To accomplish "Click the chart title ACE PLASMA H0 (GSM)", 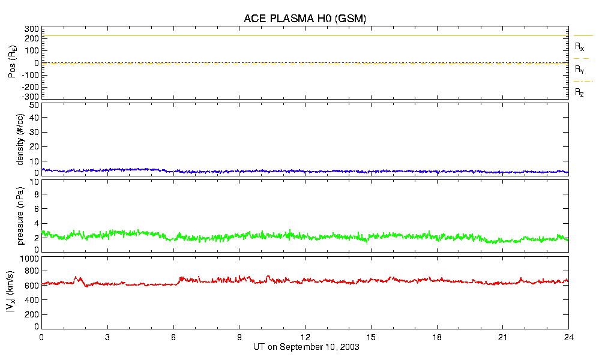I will pyautogui.click(x=305, y=19).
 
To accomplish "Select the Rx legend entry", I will pyautogui.click(x=580, y=46).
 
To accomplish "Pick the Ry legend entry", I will pyautogui.click(x=580, y=70).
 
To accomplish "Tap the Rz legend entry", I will pyautogui.click(x=580, y=92).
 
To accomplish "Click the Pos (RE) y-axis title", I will pyautogui.click(x=10, y=62).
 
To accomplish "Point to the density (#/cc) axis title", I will pyautogui.click(x=20, y=139).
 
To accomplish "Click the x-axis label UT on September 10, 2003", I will pyautogui.click(x=305, y=347).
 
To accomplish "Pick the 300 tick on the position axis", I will pyautogui.click(x=32, y=29).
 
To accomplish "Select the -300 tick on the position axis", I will pyautogui.click(x=31, y=96).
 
